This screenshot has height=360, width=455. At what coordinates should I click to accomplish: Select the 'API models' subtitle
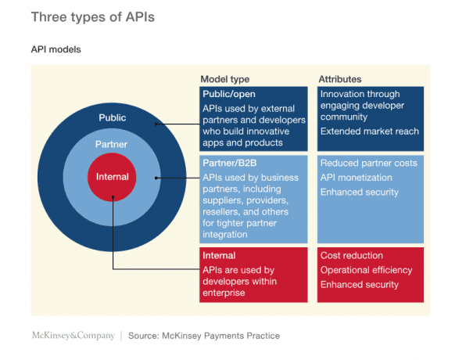pyautogui.click(x=56, y=49)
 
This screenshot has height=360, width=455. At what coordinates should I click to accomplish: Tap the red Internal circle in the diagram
pyautogui.click(x=112, y=177)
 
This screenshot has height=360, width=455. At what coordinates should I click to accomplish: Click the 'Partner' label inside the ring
pyautogui.click(x=112, y=145)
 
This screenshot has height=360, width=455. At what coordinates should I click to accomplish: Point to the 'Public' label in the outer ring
pyautogui.click(x=112, y=117)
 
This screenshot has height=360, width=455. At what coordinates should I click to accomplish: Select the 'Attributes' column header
pyautogui.click(x=339, y=79)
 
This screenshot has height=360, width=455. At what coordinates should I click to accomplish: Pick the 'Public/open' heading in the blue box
pyautogui.click(x=229, y=94)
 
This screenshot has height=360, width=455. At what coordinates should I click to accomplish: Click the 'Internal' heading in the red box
pyautogui.click(x=219, y=256)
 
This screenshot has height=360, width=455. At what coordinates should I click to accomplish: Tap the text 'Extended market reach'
pyautogui.click(x=369, y=131)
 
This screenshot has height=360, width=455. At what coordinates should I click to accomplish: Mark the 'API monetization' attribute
pyautogui.click(x=357, y=178)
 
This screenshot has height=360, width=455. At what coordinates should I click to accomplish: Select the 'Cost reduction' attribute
pyautogui.click(x=352, y=256)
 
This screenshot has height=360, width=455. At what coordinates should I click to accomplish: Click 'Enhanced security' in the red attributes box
pyautogui.click(x=360, y=284)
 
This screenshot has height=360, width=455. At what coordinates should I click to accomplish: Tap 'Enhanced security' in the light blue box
pyautogui.click(x=360, y=192)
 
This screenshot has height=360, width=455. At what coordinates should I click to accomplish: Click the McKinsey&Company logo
pyautogui.click(x=72, y=336)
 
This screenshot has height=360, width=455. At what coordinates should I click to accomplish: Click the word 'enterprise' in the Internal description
pyautogui.click(x=224, y=293)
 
